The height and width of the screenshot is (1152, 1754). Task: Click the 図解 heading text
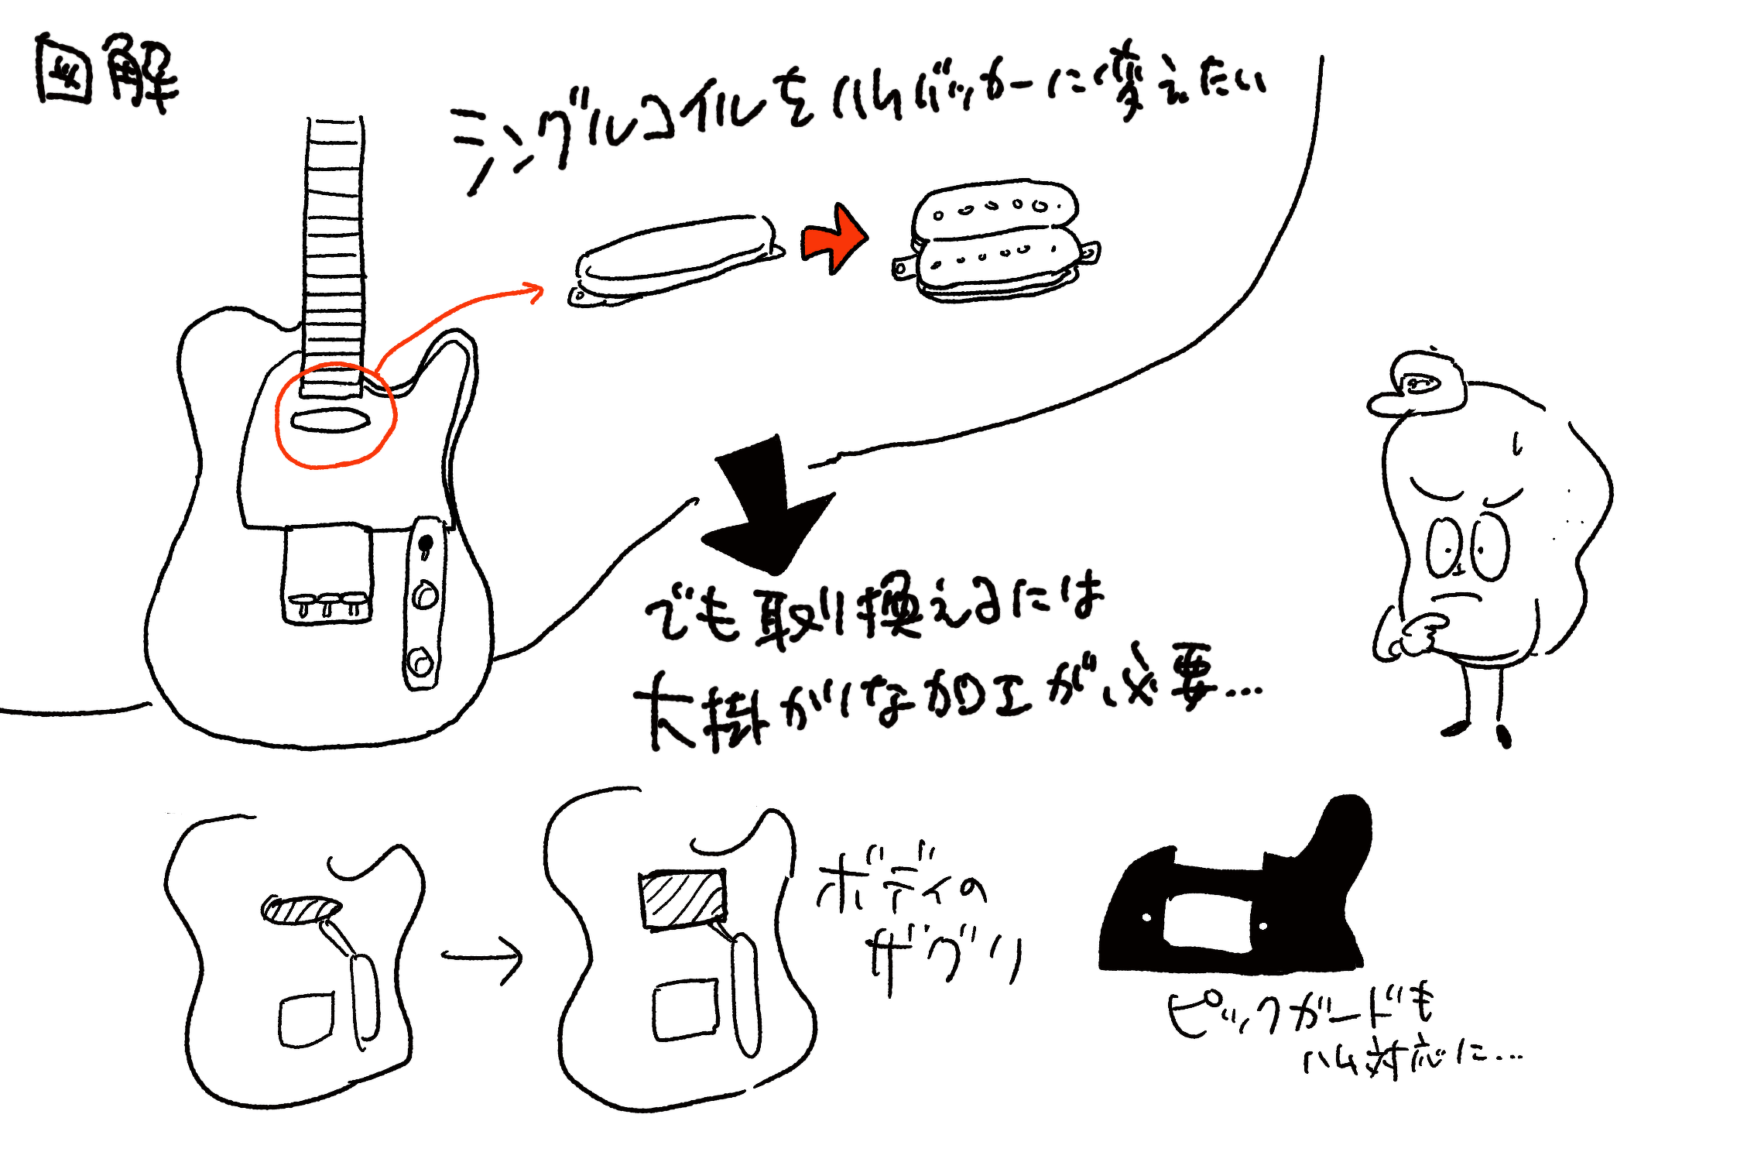click(107, 74)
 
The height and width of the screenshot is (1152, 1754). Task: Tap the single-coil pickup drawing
click(675, 260)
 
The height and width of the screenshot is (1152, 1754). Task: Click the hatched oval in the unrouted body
click(301, 909)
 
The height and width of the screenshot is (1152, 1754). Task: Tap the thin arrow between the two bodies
click(484, 958)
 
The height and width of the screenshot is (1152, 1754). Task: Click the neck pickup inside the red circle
click(331, 420)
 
